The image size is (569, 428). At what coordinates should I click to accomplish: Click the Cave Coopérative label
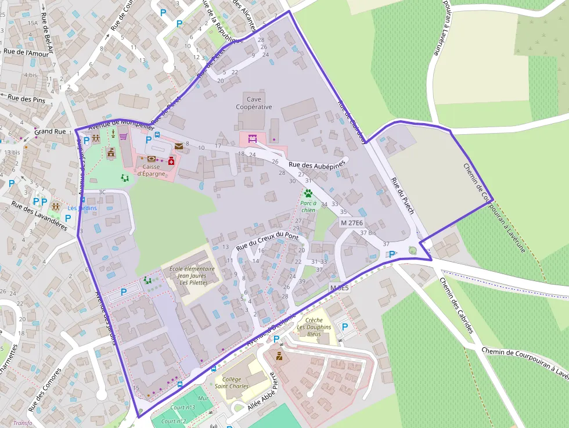click(x=254, y=103)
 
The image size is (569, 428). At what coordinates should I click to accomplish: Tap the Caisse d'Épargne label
click(x=152, y=170)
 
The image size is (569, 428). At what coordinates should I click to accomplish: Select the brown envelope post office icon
click(x=179, y=146)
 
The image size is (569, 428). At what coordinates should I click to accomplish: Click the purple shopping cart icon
click(x=123, y=137)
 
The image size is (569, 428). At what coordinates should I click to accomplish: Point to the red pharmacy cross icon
click(x=171, y=160)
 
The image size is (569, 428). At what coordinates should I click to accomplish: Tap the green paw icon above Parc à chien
click(x=308, y=193)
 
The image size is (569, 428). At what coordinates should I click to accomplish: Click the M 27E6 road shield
click(x=352, y=223)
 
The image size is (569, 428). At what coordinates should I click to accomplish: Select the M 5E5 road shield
click(x=339, y=288)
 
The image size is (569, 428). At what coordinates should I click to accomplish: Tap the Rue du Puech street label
click(x=402, y=195)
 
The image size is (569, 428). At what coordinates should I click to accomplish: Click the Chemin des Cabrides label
click(x=456, y=305)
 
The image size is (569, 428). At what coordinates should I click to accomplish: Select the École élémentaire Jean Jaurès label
click(x=192, y=276)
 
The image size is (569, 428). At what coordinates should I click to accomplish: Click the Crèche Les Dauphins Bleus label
click(x=314, y=327)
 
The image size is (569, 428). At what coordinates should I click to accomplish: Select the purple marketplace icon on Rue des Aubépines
click(x=252, y=139)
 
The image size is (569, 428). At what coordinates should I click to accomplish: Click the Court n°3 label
click(x=182, y=408)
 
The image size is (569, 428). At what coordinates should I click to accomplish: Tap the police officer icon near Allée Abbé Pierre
click(x=279, y=355)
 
